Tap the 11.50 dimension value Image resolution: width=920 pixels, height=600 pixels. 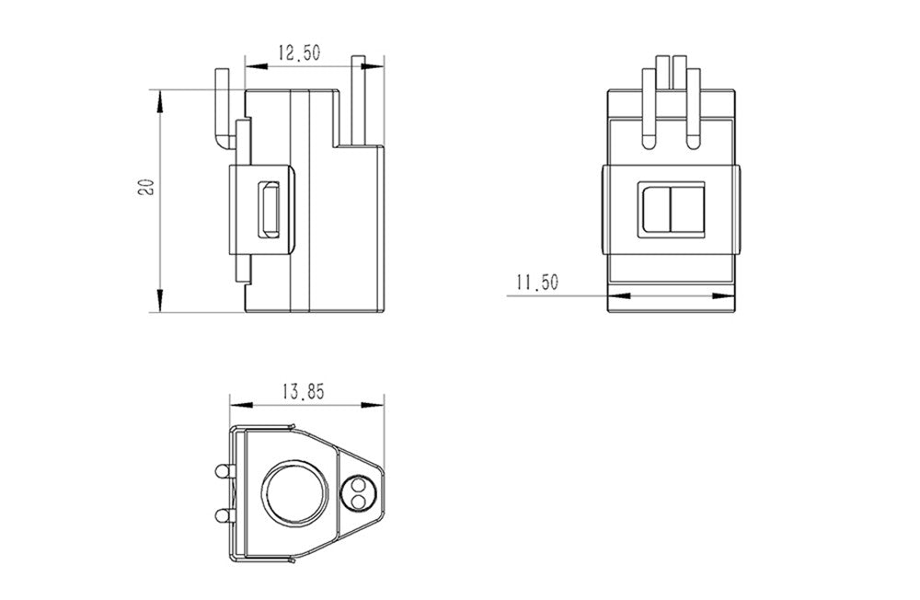[537, 283]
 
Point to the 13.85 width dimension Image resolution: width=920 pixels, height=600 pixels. [304, 391]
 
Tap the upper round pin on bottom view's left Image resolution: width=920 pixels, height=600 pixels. [222, 471]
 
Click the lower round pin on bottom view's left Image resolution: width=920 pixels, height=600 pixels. [222, 513]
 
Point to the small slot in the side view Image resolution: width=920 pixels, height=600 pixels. [270, 209]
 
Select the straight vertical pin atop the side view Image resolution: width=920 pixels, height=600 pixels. [359, 101]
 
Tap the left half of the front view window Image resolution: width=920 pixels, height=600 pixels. [657, 210]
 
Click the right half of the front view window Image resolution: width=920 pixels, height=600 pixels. [687, 210]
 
